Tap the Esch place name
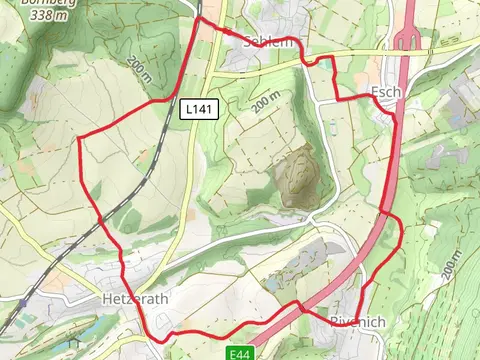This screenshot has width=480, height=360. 385,92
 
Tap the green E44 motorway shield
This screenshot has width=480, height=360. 238,353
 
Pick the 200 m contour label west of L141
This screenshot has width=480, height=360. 141,70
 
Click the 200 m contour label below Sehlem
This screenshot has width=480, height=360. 266,100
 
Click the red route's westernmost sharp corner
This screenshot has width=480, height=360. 79,137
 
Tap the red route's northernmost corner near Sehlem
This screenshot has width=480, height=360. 200,17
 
